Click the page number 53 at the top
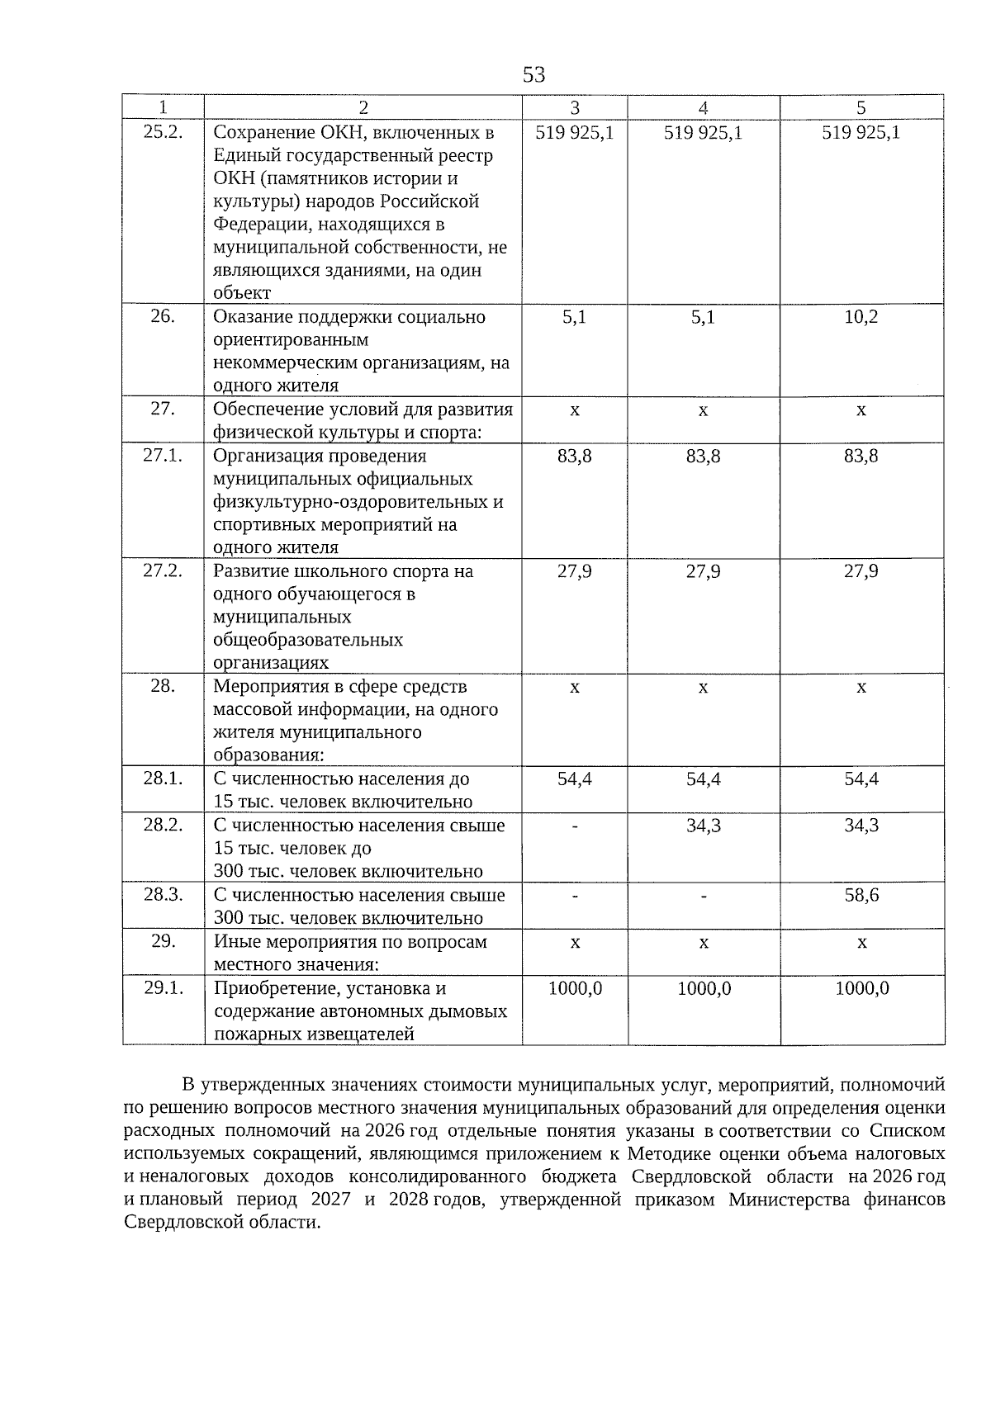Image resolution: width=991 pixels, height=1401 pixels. point(533,75)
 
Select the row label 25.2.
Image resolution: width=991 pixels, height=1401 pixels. point(163,132)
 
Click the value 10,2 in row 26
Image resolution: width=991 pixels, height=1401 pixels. point(861,317)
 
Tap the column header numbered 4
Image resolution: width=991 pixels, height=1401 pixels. point(703,108)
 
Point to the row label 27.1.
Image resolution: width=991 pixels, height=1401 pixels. point(163,456)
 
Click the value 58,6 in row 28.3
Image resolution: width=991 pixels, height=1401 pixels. point(861,895)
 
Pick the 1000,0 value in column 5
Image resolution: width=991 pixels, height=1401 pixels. point(861,988)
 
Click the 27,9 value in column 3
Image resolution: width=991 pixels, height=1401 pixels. point(574,571)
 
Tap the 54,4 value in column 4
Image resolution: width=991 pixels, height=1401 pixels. point(703,779)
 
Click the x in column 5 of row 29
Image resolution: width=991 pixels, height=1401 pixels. point(861,942)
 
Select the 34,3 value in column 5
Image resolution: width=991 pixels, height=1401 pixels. point(861,826)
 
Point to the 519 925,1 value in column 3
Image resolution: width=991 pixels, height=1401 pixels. point(574,132)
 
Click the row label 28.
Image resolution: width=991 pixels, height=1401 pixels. point(163,686)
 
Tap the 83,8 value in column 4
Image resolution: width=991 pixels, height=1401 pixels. point(703,456)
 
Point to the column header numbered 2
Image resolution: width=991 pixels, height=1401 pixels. point(363,108)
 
